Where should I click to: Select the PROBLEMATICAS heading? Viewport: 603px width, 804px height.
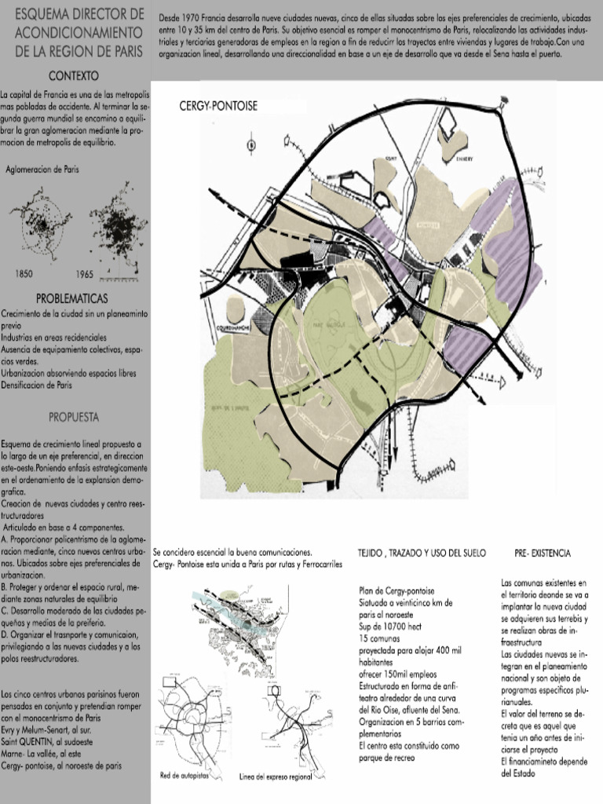[x=72, y=299]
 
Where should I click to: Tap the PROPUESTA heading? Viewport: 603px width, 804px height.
[x=73, y=416]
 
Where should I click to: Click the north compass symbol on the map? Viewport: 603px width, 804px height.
[x=250, y=144]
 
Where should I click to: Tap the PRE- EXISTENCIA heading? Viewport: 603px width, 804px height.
[x=543, y=554]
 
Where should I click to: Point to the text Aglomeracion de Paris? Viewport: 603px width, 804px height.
[x=42, y=169]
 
